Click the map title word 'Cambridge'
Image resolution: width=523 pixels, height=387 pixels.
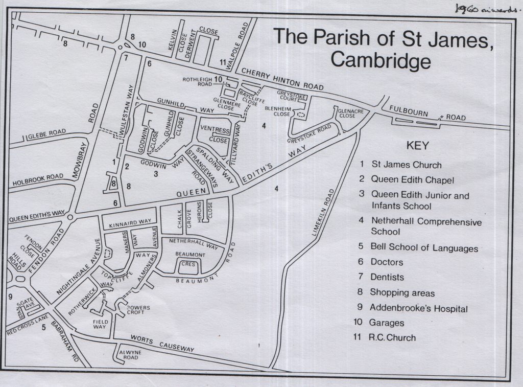pos(381,60)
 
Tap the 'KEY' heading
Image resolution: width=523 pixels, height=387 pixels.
pos(417,145)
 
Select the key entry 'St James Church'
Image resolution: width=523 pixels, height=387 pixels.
pos(406,165)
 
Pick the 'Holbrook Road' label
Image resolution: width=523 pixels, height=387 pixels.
pos(38,178)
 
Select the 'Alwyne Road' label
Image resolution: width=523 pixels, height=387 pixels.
pos(131,356)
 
